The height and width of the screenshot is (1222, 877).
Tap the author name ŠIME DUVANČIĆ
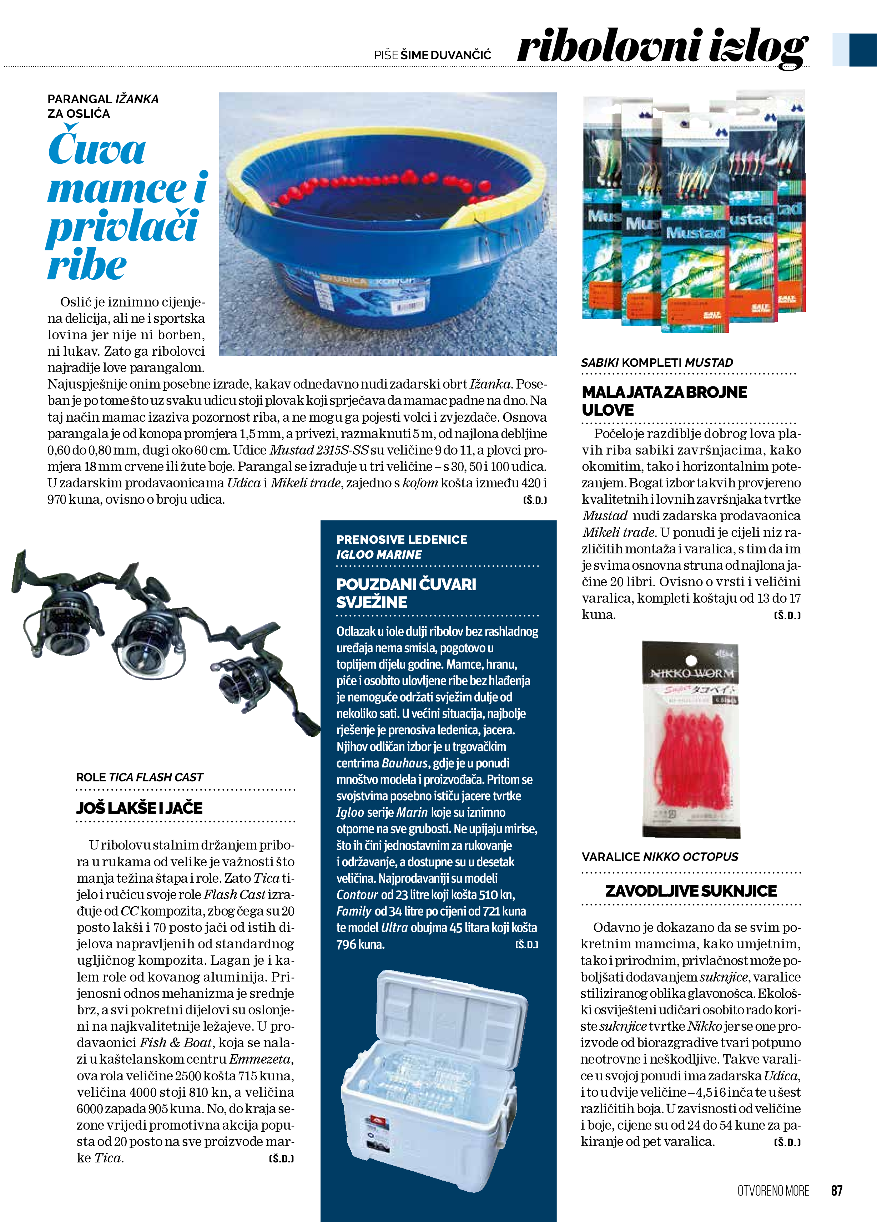446,55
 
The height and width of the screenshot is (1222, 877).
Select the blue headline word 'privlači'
123,227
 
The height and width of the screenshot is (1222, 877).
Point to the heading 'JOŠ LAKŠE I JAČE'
140,808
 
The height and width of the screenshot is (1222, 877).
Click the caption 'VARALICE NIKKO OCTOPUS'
660,857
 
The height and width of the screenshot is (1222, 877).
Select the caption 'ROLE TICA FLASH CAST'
140,777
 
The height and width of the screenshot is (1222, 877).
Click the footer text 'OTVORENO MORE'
773,1191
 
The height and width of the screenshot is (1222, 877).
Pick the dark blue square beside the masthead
862,50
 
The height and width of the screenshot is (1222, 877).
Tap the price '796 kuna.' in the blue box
361,944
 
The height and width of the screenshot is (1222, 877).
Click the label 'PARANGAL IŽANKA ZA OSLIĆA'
102,106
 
